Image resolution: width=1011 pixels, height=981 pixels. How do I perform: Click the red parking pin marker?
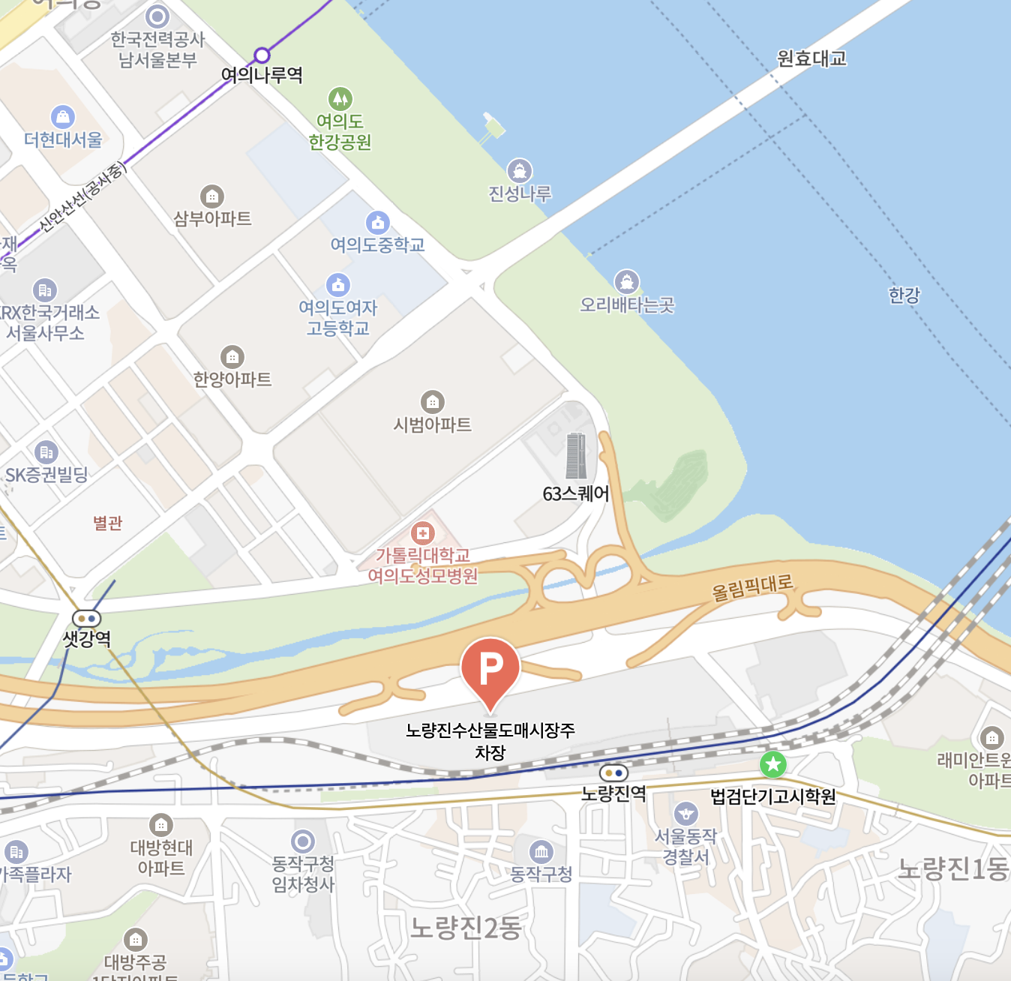490,668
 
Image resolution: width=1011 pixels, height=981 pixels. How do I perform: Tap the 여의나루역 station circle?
262,55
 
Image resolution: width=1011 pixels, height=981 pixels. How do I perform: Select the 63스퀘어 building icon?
576,455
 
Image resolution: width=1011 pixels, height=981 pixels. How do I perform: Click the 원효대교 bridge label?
811,58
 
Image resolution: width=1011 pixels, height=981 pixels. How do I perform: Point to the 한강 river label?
904,295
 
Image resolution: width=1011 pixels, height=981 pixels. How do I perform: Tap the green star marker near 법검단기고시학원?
772,765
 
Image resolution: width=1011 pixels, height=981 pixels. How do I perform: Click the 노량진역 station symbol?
613,772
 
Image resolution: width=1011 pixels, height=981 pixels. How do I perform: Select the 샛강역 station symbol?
86,619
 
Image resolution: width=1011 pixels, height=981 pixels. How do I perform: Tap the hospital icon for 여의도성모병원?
423,533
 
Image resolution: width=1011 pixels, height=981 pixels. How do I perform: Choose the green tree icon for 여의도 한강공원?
340,98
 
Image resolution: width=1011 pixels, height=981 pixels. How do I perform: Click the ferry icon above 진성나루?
520,171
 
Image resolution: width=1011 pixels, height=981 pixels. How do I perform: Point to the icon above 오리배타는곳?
627,282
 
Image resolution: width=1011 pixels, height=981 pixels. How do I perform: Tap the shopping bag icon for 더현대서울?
63,117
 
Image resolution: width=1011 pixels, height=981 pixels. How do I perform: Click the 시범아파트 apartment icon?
432,402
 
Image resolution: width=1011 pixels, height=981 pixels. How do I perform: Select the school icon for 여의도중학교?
377,222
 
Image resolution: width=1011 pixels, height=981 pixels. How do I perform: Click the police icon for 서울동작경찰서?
685,814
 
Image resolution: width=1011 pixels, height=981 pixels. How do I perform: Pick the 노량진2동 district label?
466,928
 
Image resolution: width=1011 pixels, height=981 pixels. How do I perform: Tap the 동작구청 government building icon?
541,852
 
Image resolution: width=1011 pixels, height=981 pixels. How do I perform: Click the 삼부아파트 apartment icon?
212,196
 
